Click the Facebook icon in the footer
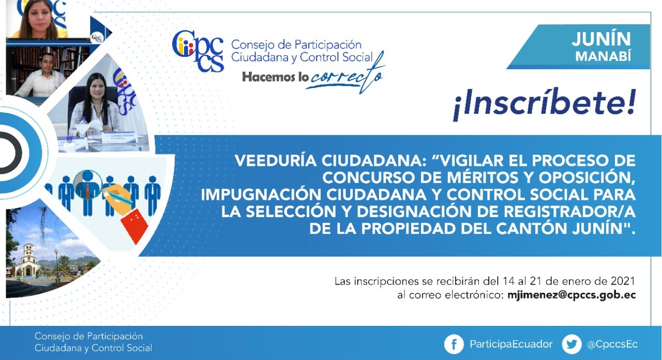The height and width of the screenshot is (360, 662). pos(454,344)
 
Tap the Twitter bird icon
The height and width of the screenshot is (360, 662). pos(571,344)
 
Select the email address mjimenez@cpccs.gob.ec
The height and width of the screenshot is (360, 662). pos(571,295)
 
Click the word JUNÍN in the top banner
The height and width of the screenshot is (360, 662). pos(601,39)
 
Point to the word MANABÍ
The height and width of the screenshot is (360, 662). pos(603,56)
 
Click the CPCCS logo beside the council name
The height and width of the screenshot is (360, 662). pos(198,51)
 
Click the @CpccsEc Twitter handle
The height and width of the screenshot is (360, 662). pos(612,344)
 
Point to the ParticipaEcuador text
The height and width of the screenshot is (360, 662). pos(511,344)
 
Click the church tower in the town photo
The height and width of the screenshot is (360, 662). pos(28,254)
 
